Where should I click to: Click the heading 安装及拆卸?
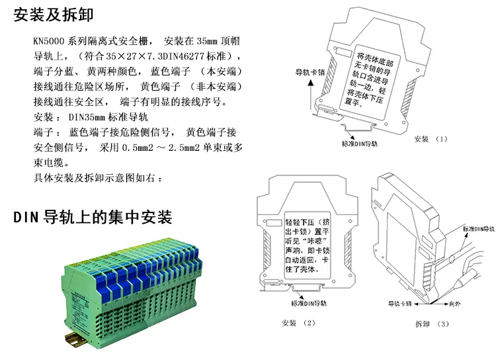click(54, 15)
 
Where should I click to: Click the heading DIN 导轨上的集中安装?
click(93, 217)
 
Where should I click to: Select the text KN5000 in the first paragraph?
click(49, 41)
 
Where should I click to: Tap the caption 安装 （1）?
click(431, 139)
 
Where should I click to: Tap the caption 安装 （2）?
click(299, 323)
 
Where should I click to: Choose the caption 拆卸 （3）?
click(432, 324)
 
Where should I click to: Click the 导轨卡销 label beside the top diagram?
click(310, 72)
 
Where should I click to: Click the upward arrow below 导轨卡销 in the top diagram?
click(311, 95)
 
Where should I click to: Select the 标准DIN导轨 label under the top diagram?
click(360, 144)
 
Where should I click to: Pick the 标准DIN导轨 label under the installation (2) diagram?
click(309, 303)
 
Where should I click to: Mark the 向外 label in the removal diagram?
click(454, 304)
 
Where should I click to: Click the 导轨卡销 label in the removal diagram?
click(400, 304)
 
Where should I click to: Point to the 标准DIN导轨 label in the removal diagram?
click(479, 228)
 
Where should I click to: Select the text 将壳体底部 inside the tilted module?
click(375, 59)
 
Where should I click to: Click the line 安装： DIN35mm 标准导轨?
click(91, 117)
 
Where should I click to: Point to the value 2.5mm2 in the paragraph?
click(184, 148)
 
